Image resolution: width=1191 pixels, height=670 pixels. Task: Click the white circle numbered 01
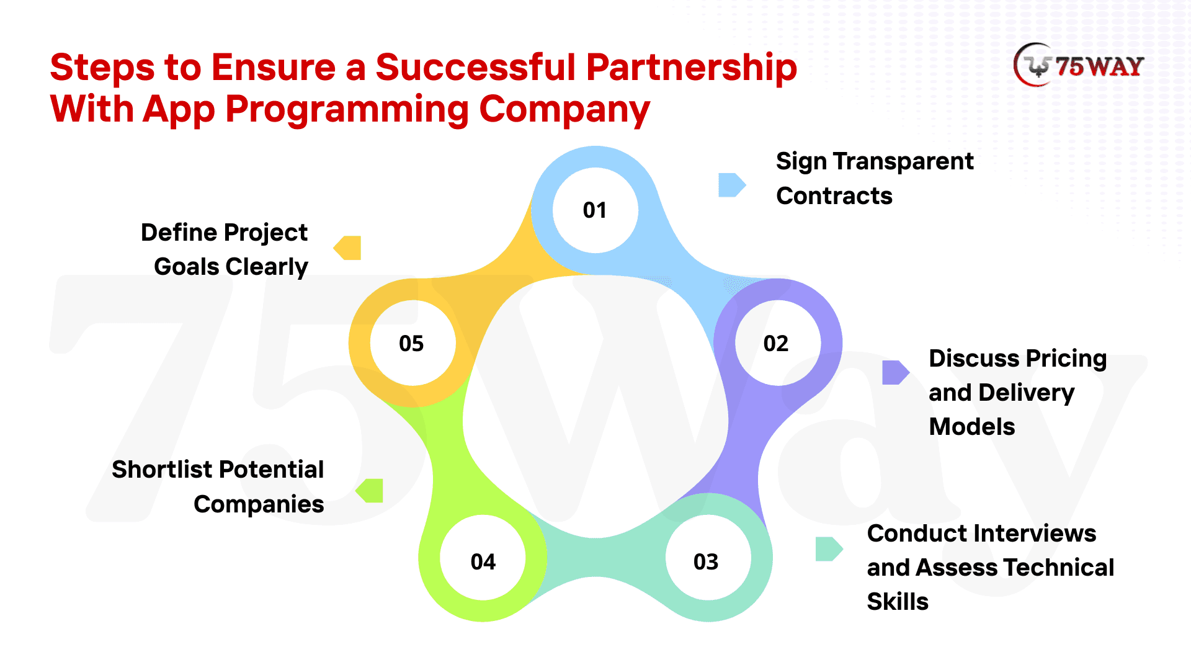click(595, 210)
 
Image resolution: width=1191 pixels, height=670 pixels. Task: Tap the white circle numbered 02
click(777, 343)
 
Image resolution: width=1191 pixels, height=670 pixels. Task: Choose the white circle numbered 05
click(412, 343)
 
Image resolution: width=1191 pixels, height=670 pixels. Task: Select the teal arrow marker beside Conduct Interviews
click(828, 548)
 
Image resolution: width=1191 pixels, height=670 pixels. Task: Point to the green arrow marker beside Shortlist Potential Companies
click(370, 491)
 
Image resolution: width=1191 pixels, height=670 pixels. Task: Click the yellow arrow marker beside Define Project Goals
click(348, 248)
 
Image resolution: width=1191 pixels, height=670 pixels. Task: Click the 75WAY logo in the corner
click(1079, 65)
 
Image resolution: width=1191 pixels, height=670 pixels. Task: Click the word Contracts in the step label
click(834, 196)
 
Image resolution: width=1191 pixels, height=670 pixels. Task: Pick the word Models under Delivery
click(971, 427)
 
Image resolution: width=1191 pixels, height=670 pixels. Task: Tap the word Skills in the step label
click(897, 602)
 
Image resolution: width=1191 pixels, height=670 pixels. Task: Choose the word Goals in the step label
click(186, 267)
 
